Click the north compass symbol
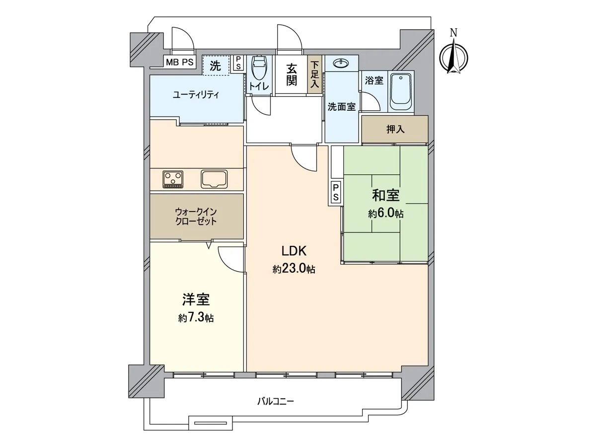454,56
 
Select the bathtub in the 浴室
400,91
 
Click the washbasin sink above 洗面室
342,64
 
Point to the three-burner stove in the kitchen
173,179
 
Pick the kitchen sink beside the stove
214,179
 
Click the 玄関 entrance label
292,74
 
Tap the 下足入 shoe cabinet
315,74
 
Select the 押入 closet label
395,130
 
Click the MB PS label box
179,62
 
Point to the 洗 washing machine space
216,66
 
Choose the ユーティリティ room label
196,95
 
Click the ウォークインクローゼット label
196,217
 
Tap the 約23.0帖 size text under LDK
294,269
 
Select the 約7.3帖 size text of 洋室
196,317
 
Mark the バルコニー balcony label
275,401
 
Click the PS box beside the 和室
336,192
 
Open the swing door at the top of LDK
304,160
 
